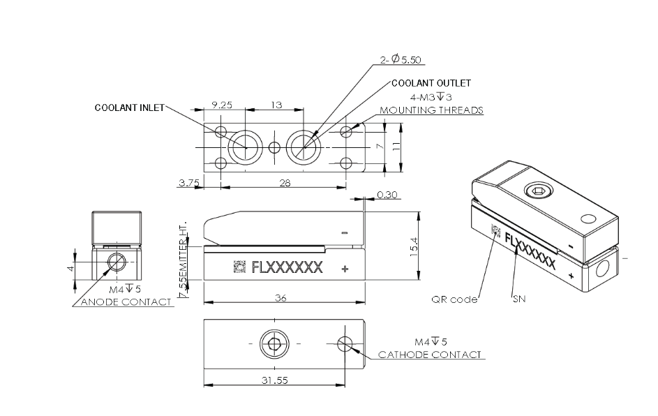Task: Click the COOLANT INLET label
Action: (x=129, y=107)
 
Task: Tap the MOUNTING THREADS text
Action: (x=431, y=110)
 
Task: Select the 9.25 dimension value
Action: (x=223, y=105)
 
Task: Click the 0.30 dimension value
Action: (x=387, y=195)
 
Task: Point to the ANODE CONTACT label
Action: (x=126, y=302)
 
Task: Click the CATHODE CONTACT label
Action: (x=430, y=355)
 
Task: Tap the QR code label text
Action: (x=454, y=299)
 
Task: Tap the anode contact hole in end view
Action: (x=117, y=262)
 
